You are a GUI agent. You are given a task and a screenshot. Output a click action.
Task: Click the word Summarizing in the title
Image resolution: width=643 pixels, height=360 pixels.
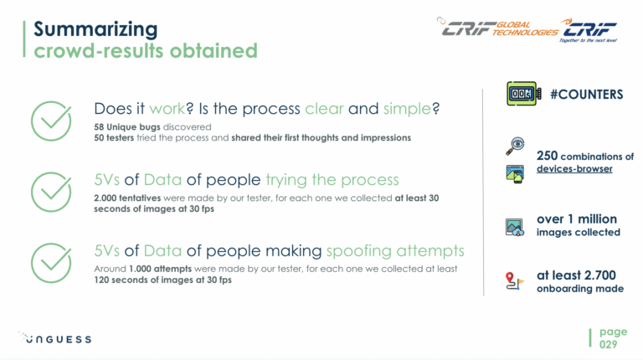pos(95,29)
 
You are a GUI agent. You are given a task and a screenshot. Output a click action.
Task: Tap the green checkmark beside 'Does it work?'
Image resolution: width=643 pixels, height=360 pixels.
pos(51,121)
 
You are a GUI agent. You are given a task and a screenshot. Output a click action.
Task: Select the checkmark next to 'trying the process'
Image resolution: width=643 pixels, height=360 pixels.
pos(51,192)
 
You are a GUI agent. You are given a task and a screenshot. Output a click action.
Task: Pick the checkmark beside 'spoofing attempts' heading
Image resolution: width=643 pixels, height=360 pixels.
pos(51,263)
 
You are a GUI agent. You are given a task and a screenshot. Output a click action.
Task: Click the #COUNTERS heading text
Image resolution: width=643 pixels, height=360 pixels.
pos(586,95)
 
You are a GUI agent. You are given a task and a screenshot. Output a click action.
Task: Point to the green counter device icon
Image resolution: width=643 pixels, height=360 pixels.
pos(523,94)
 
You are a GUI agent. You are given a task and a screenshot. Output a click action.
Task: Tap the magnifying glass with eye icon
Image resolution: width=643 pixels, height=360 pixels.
pos(515,146)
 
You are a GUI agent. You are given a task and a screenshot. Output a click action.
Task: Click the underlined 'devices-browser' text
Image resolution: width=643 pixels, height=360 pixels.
pos(574,168)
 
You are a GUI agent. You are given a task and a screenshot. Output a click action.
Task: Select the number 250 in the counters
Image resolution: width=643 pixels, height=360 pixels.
pos(547,156)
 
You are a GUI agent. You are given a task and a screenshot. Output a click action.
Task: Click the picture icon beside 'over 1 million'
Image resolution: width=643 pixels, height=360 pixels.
pos(515,228)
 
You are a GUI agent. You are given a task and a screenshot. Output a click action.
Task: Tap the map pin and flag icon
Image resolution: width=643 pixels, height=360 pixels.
pos(515,281)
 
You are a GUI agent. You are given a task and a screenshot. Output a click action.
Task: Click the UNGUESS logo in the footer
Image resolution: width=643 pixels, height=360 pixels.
pos(54,338)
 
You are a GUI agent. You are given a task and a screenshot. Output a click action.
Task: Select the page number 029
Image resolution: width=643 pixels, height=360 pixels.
pos(608,344)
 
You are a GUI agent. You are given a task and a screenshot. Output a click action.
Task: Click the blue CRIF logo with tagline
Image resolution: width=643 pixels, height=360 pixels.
pos(589,30)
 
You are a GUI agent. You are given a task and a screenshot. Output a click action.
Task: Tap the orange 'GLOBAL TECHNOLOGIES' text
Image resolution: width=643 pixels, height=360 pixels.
pos(525,28)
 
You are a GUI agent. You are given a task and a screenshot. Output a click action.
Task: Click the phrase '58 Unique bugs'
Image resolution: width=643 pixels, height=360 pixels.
pos(127,127)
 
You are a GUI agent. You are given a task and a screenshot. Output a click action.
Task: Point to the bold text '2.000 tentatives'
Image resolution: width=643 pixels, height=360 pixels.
pos(127,198)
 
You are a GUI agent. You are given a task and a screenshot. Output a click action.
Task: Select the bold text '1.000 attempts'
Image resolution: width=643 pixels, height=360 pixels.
pos(160,269)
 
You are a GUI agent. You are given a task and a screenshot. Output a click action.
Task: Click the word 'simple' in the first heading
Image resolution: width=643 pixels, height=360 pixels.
pos(407,109)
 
